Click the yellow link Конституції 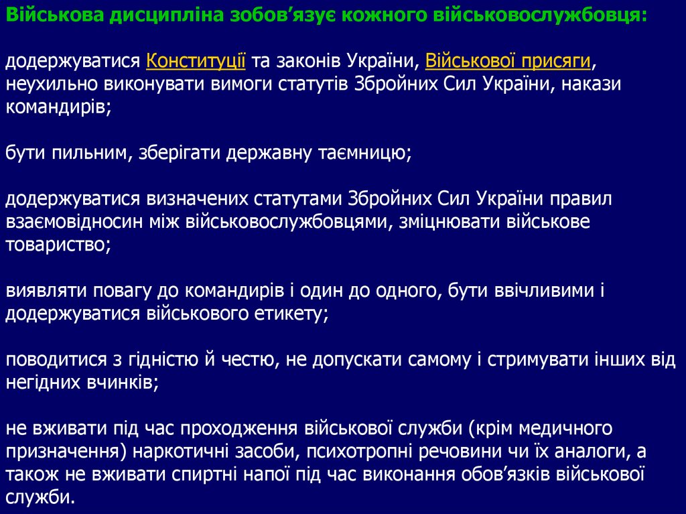[196, 62]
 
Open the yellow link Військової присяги [508, 62]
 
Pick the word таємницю [362, 153]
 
